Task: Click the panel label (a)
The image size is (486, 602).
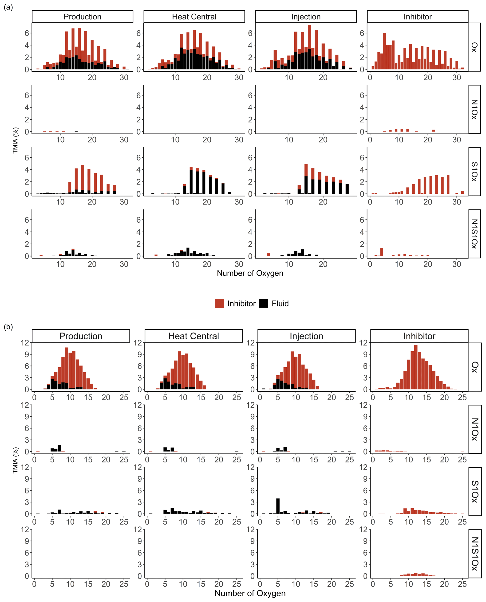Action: tap(8, 7)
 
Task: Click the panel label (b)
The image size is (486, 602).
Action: tap(8, 327)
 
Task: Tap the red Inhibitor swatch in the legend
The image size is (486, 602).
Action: tap(219, 303)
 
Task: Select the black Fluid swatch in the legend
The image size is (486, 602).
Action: tap(263, 303)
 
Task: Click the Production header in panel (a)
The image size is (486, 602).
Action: tap(82, 16)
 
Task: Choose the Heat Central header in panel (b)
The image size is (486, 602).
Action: tap(194, 336)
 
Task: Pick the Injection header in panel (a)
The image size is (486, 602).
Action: tap(306, 16)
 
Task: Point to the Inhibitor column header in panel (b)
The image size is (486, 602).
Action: tap(419, 336)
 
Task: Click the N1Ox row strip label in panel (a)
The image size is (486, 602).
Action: tap(474, 109)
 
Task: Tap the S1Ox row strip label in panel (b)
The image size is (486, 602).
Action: tap(475, 492)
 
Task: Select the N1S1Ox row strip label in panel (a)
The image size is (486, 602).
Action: tap(474, 234)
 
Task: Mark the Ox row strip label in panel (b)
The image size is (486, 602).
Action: tap(475, 367)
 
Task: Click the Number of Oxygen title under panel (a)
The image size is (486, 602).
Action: tap(250, 273)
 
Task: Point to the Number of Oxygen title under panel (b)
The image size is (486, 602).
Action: tap(250, 593)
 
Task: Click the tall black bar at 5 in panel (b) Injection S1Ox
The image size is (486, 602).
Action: tap(278, 506)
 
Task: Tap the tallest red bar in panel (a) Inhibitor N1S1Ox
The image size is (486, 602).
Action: tap(382, 252)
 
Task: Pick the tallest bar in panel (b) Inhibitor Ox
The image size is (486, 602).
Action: tap(416, 367)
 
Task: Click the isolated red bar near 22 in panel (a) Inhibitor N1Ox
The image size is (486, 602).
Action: tap(434, 131)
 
